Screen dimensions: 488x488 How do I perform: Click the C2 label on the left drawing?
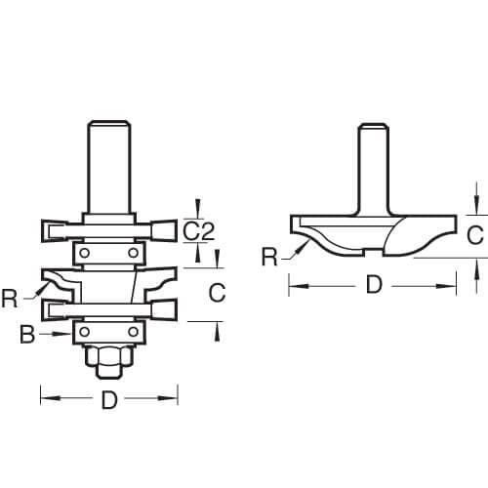coord(199,231)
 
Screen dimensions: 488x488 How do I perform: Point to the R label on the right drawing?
coord(269,258)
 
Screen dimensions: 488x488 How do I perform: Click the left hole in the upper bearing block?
coord(86,253)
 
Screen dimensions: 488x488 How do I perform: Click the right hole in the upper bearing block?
coord(130,253)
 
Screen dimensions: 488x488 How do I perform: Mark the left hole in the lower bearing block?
coord(86,333)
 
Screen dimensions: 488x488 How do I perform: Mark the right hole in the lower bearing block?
coord(130,333)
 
